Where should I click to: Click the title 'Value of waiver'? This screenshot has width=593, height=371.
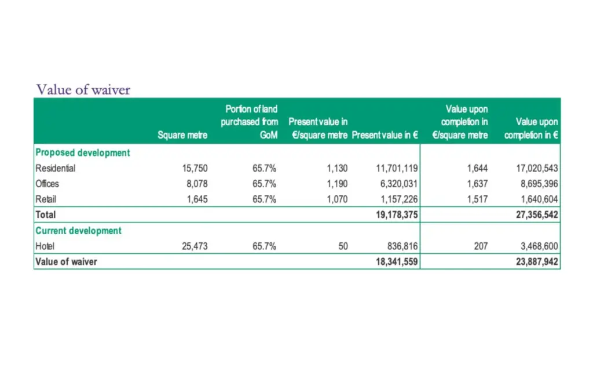(x=83, y=89)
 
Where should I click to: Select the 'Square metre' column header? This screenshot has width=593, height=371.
(x=182, y=135)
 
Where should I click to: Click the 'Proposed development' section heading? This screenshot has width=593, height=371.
(x=82, y=152)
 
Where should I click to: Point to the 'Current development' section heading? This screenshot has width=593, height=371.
(x=78, y=231)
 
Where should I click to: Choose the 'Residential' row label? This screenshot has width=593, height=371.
(x=56, y=169)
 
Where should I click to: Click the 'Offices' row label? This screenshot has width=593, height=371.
(x=47, y=184)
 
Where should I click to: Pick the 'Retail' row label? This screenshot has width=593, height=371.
(x=46, y=199)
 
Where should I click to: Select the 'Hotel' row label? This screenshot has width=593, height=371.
(x=45, y=246)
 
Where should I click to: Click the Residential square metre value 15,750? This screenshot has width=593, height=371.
(x=194, y=169)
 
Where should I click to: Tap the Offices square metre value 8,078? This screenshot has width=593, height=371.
(x=196, y=184)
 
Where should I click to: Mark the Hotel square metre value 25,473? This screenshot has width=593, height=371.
(x=194, y=246)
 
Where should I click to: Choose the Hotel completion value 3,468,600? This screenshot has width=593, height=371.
(x=538, y=246)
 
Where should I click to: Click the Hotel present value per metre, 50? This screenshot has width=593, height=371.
(x=343, y=246)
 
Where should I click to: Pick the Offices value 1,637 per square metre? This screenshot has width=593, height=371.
(x=477, y=184)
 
